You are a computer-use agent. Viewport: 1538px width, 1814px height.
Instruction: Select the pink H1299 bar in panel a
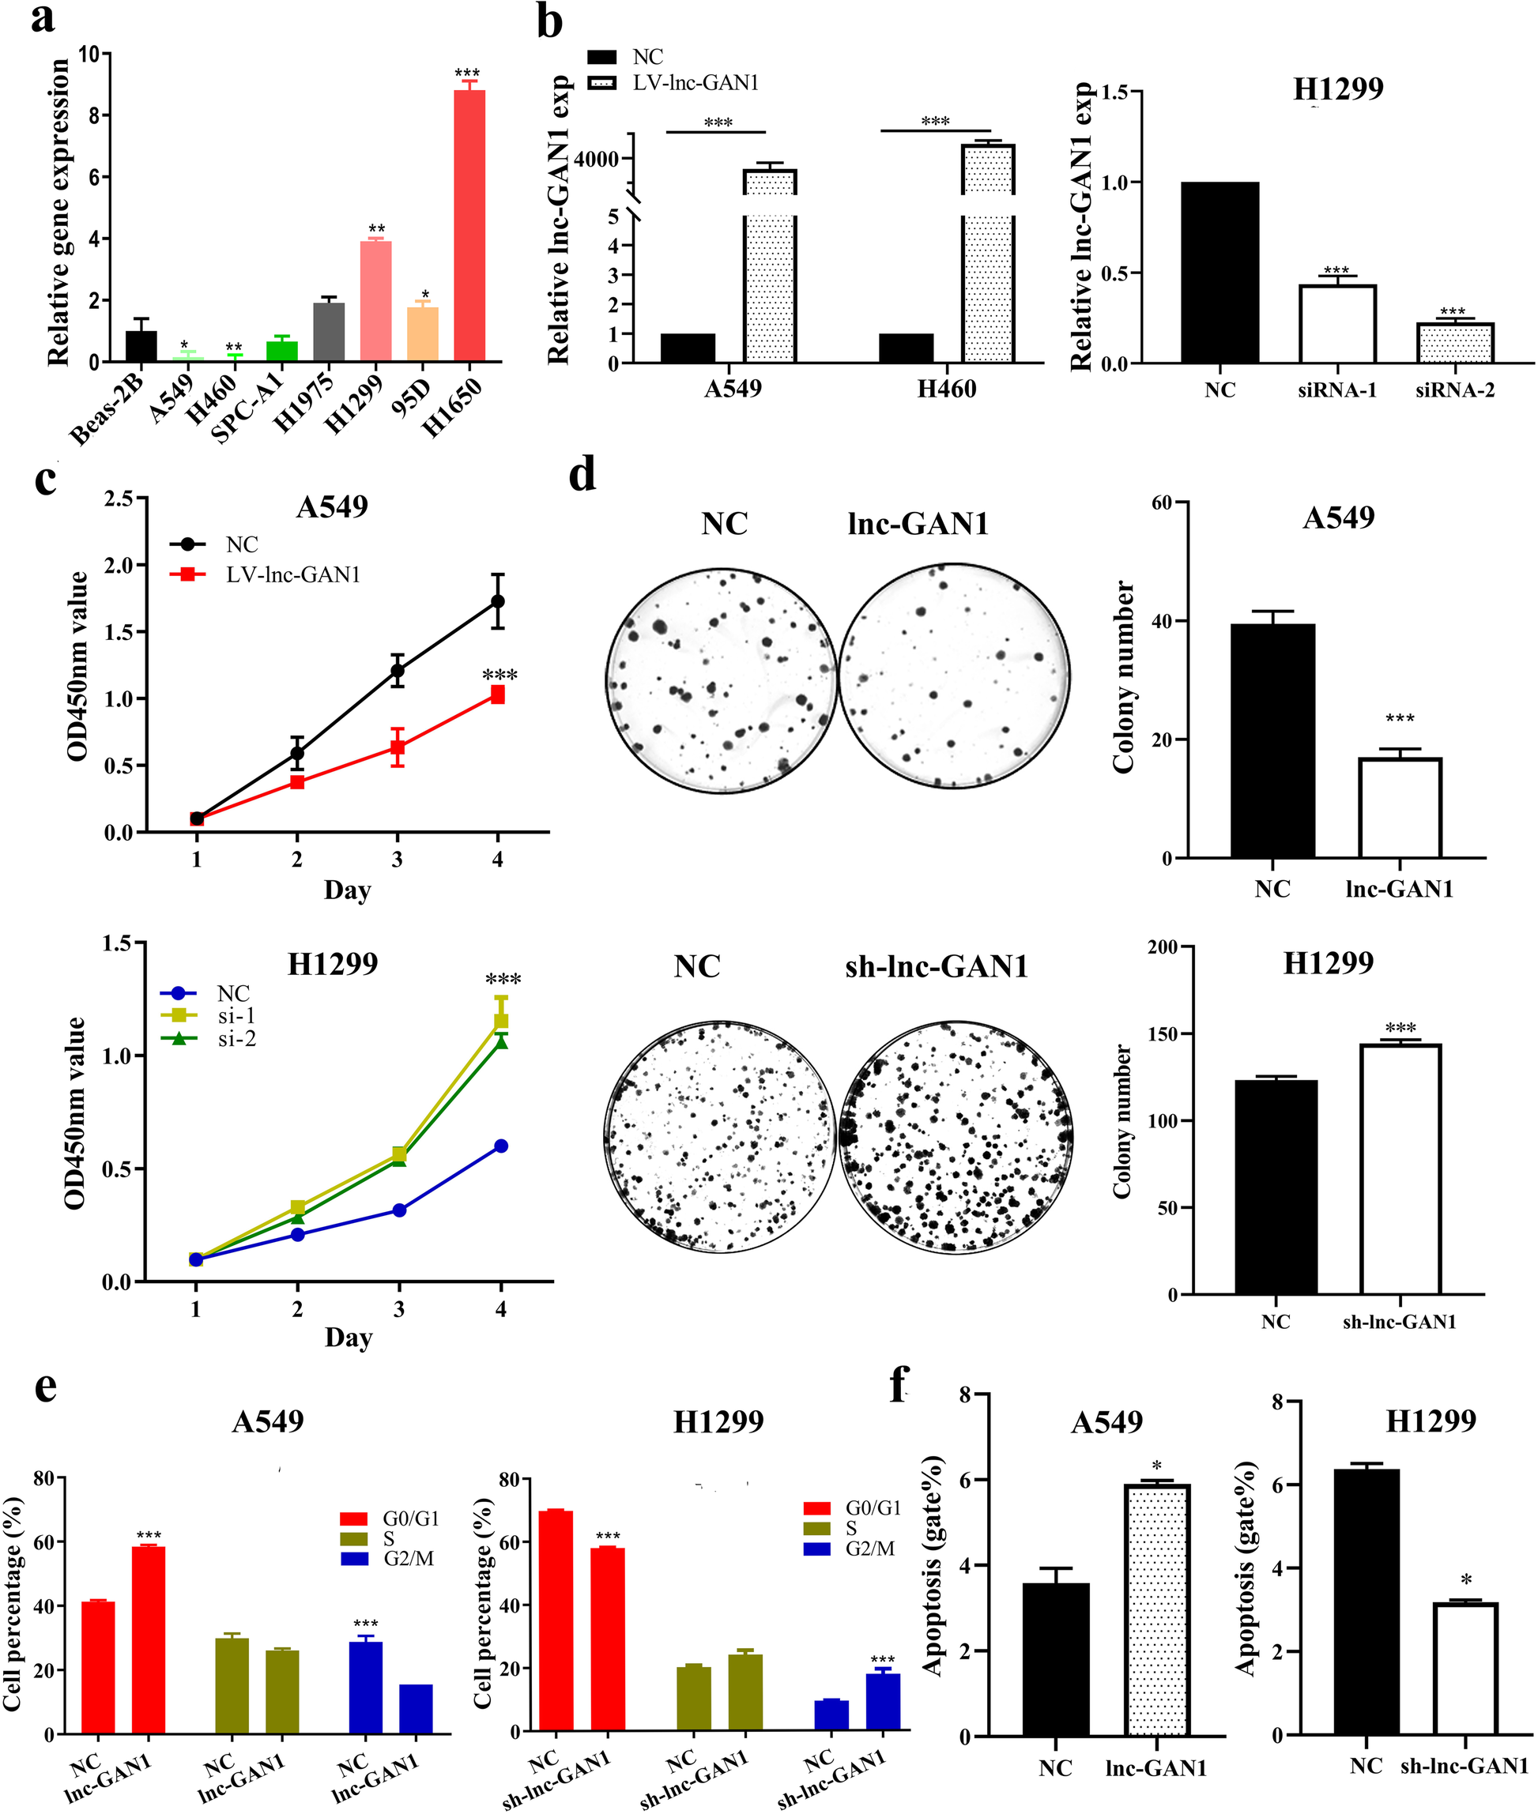point(375,301)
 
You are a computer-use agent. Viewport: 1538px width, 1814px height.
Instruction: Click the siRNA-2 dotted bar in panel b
point(1454,343)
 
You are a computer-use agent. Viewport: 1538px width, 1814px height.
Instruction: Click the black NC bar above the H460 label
point(905,348)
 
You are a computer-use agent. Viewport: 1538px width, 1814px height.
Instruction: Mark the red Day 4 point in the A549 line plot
point(497,694)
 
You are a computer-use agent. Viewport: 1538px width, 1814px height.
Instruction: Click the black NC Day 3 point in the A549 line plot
point(398,670)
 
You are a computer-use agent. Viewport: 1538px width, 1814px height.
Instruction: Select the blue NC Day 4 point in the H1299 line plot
point(500,1146)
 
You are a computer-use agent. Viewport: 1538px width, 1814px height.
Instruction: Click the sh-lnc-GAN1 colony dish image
point(955,1138)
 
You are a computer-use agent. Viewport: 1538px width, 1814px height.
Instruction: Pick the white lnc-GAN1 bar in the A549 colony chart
point(1400,808)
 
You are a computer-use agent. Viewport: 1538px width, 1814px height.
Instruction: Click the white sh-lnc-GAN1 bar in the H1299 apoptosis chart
point(1464,1668)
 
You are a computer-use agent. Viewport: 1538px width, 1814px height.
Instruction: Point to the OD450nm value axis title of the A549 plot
point(77,666)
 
